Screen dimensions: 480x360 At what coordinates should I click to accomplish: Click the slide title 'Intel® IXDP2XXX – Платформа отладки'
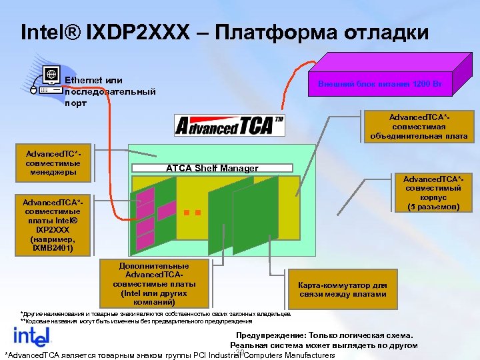225,32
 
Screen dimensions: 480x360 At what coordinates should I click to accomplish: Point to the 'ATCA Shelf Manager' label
211,168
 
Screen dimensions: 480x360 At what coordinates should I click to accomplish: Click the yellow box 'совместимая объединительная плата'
419,127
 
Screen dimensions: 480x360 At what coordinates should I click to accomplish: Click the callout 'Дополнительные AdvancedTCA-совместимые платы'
154,283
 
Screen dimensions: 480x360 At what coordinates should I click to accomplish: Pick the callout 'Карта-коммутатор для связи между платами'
343,289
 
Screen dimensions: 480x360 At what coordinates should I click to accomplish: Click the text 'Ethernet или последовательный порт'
110,91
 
